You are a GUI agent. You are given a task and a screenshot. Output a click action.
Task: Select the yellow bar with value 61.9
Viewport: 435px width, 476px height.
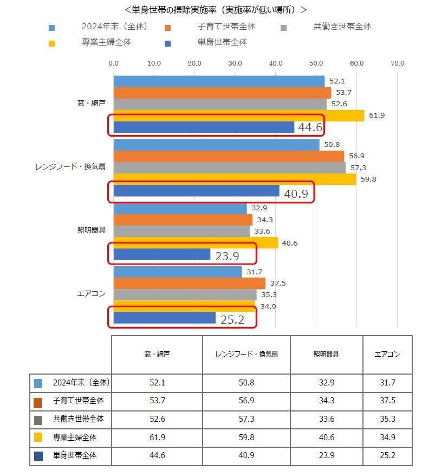point(238,115)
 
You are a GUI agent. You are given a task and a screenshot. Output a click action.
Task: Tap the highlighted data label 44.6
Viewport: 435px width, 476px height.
point(310,127)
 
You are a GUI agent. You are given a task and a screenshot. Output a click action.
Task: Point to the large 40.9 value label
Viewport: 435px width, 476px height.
point(296,194)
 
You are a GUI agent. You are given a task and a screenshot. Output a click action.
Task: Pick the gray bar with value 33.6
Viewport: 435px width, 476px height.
point(181,231)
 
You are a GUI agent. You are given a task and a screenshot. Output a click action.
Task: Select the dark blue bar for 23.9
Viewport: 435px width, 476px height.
point(162,254)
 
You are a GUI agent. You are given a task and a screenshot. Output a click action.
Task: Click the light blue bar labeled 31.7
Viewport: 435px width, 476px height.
point(178,272)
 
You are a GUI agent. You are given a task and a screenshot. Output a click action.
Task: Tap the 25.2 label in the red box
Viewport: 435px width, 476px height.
point(232,319)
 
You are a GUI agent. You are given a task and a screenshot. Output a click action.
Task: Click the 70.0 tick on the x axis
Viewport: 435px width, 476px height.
point(397,63)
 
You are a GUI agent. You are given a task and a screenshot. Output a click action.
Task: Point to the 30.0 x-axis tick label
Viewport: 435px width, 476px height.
point(235,63)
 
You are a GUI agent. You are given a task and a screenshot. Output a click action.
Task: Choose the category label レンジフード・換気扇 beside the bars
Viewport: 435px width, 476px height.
point(70,167)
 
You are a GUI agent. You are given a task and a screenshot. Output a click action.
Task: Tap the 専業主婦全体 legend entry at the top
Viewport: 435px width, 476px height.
point(106,42)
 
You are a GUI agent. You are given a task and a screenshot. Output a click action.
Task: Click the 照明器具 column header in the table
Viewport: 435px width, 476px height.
point(326,355)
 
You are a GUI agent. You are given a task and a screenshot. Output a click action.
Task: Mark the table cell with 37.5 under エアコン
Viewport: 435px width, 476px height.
point(387,401)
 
